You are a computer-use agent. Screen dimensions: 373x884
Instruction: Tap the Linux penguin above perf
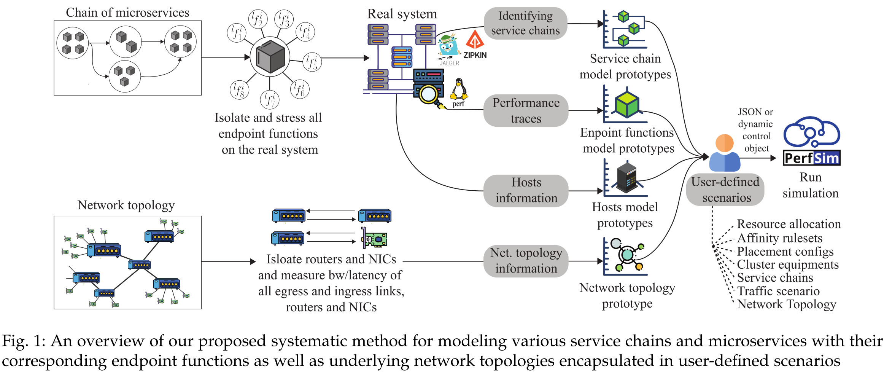pyautogui.click(x=459, y=89)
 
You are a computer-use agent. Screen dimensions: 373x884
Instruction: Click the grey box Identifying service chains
pyautogui.click(x=525, y=23)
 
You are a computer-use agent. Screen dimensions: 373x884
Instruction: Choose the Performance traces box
pyautogui.click(x=526, y=111)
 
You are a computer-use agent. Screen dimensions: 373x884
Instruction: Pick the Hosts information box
pyautogui.click(x=526, y=190)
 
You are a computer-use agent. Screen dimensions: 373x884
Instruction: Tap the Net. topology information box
pyautogui.click(x=526, y=261)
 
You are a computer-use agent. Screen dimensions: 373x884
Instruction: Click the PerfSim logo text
pyautogui.click(x=812, y=158)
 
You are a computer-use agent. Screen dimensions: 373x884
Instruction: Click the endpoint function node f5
pyautogui.click(x=312, y=62)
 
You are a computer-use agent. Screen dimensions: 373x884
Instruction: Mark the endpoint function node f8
pyautogui.click(x=239, y=90)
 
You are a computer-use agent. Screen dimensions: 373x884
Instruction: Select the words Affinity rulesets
pyautogui.click(x=779, y=238)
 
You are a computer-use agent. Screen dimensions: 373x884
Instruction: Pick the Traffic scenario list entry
pyautogui.click(x=778, y=291)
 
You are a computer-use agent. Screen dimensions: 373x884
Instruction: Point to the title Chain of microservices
pyautogui.click(x=127, y=13)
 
